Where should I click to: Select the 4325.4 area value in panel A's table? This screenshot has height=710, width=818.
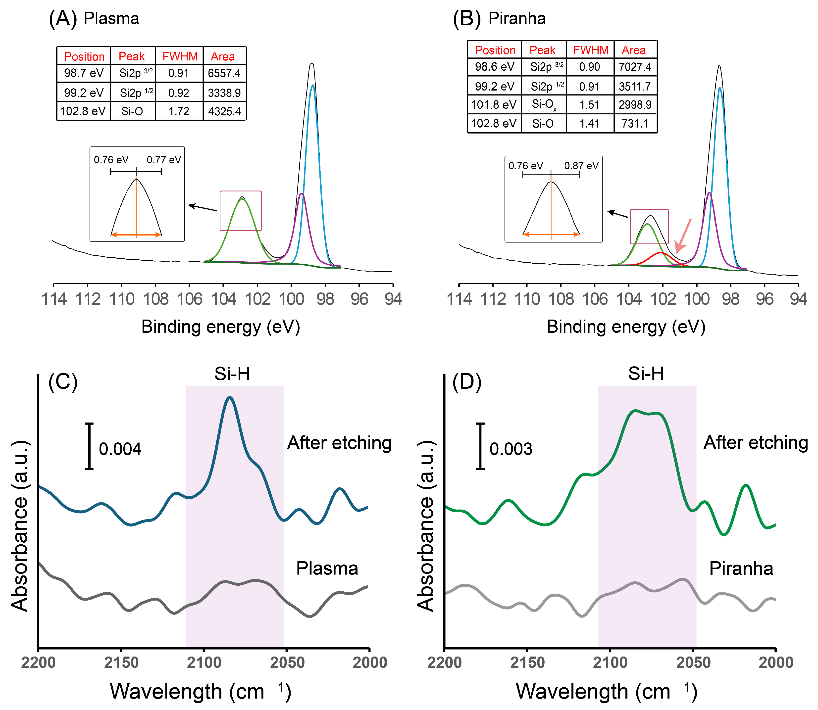tap(224, 111)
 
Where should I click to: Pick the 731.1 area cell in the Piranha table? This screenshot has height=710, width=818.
tap(635, 124)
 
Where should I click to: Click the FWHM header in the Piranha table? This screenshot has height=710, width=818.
tap(591, 50)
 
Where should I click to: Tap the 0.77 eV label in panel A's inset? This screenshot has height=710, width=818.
tap(164, 160)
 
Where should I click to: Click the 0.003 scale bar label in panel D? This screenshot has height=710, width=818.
tap(511, 449)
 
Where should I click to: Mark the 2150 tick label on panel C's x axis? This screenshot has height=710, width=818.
tap(121, 663)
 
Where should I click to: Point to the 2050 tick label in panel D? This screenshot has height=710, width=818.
tap(693, 663)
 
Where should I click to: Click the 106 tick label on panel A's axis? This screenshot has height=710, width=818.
tap(189, 299)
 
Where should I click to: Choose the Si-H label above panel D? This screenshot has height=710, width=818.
tap(646, 374)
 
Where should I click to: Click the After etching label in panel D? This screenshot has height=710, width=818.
tap(755, 443)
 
